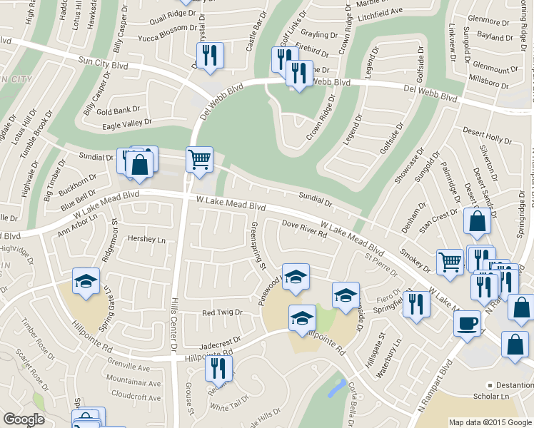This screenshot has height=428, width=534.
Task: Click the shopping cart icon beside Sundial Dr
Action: (x=199, y=158)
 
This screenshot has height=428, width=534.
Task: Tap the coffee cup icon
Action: (x=468, y=322)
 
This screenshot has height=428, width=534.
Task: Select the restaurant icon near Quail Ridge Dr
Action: (x=210, y=55)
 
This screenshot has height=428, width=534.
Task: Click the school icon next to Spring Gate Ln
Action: (x=86, y=280)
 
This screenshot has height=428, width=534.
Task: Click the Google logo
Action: (x=24, y=419)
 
